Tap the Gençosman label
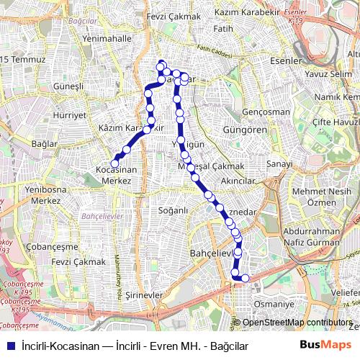coord(266,112)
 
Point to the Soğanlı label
coord(173,210)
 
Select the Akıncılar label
coord(240,180)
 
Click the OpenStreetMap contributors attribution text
coord(297,323)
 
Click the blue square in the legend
coord(9,346)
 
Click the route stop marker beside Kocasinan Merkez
coord(115,163)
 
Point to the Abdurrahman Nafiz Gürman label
coord(312,238)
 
